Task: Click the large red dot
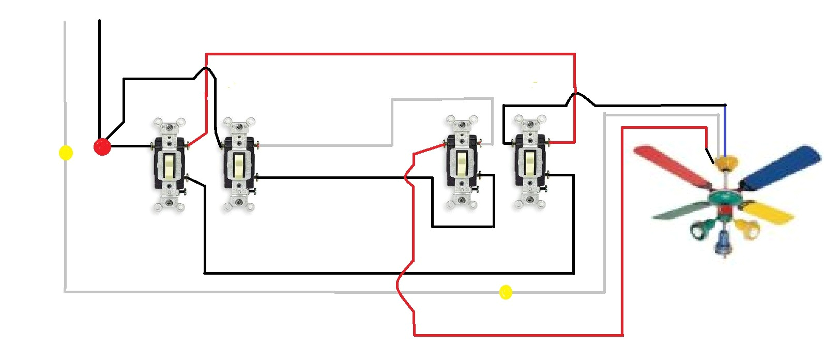click(102, 147)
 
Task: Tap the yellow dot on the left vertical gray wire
click(66, 153)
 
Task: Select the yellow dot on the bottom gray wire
click(506, 292)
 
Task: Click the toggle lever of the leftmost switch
click(169, 164)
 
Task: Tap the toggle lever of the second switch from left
click(238, 164)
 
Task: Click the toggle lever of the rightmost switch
click(530, 162)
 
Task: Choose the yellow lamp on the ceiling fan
click(747, 228)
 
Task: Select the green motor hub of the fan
click(724, 197)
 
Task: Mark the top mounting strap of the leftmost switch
click(169, 126)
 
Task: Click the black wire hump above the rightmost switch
click(576, 95)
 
